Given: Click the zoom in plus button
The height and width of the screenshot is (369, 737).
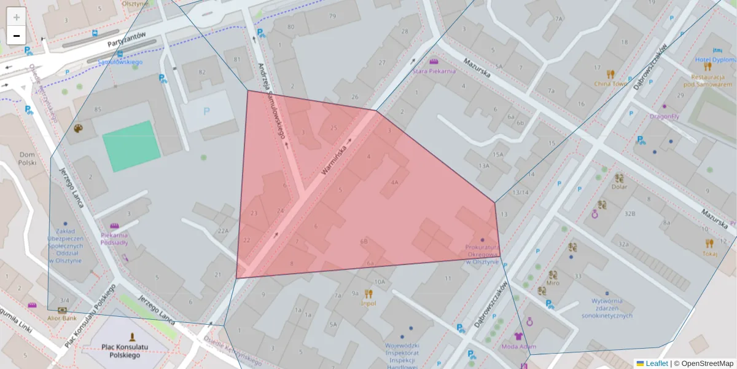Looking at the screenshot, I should pos(17,17).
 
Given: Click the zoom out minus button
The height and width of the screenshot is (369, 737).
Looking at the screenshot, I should pos(17,36).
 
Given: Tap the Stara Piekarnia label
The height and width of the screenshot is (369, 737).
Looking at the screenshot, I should pos(434,71).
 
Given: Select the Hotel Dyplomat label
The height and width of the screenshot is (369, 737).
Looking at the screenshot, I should pos(715,60).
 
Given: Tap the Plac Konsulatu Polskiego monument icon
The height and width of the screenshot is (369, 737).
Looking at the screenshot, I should pos(132,336).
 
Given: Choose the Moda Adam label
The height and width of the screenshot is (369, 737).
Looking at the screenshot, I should pos(519,346).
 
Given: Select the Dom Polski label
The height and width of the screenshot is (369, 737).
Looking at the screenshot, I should pos(27,159).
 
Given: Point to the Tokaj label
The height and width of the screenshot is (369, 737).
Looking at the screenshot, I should pos(710,253).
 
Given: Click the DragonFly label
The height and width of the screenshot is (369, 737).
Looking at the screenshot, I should pos(665,116).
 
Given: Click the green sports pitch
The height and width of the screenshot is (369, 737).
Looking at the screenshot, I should pos(131,146).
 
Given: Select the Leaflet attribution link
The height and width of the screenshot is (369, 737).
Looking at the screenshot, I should pos(657,363).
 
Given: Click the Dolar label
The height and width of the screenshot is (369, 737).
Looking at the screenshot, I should pos(619,186).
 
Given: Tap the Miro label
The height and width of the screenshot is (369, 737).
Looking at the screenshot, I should pos(553,284).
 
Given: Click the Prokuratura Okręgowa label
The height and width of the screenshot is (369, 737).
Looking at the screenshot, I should pos(482,255).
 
